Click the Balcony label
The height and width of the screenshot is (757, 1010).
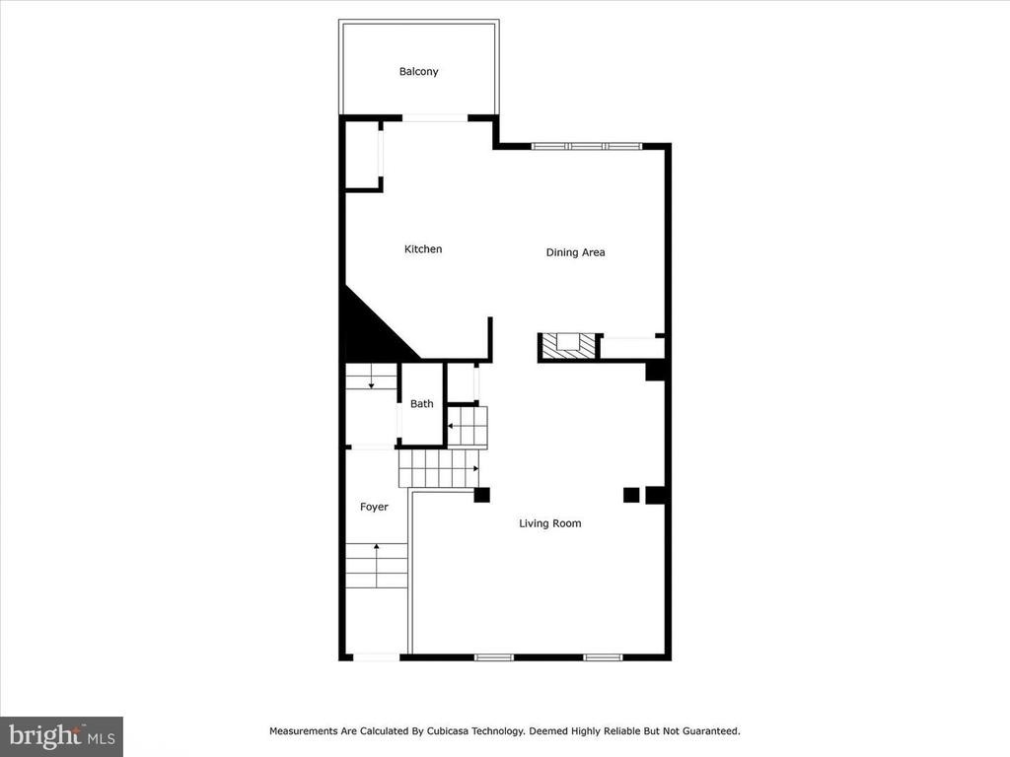(418, 71)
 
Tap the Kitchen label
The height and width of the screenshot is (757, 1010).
(423, 249)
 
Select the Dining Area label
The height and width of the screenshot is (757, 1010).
(575, 252)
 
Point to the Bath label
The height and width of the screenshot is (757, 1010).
(422, 403)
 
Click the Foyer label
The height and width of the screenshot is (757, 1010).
(374, 508)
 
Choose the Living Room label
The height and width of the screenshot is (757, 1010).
(550, 523)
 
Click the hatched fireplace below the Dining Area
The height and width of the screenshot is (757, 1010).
(568, 346)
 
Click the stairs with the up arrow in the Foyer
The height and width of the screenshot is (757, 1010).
(377, 565)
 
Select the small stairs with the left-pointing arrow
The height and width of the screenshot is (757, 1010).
(468, 426)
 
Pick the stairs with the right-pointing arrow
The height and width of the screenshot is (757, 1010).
(439, 468)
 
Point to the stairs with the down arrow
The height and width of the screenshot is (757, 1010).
(371, 377)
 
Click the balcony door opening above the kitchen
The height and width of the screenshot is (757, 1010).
(435, 118)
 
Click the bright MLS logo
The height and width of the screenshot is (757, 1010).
(62, 736)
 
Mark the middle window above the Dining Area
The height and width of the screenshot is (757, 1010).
(586, 146)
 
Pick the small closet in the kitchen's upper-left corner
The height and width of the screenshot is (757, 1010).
(363, 155)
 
